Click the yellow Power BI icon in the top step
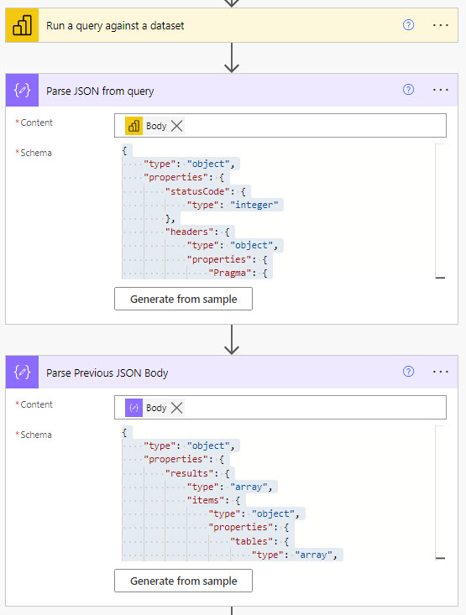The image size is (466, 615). pos(22,25)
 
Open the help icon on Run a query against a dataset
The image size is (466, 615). pos(408,25)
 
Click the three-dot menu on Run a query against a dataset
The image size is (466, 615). pos(441,25)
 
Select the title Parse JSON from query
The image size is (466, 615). pos(100,91)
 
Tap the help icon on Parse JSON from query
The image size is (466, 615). pos(408,90)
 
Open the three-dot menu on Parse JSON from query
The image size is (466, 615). pos(441,90)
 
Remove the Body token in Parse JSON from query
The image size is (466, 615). pos(177,126)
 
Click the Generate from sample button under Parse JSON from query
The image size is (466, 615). pos(183,299)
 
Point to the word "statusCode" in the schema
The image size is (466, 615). pos(197,191)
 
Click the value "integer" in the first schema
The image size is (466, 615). pos(254,205)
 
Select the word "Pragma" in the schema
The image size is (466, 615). pos(230,273)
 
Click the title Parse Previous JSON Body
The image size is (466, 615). pos(107,373)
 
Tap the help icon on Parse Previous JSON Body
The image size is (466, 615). pos(408,372)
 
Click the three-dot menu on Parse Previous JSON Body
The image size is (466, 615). pos(441,372)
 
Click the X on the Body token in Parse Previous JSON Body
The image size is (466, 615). pos(177,408)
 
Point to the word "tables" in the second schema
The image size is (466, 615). pos(251,541)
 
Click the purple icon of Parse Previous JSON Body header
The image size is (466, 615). pos(22,372)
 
